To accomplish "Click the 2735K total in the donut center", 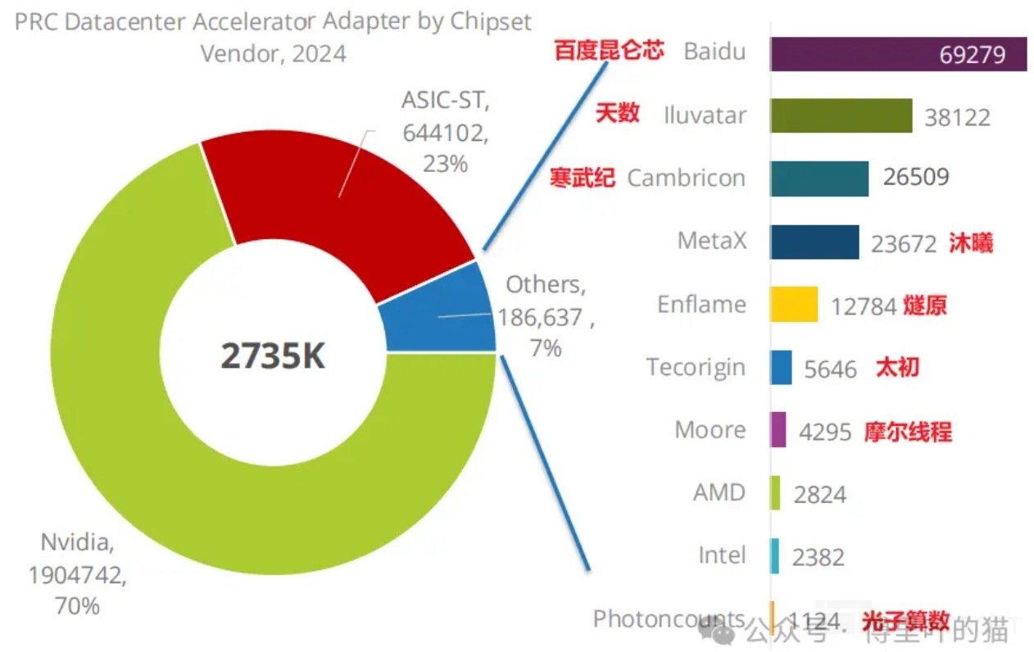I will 273,356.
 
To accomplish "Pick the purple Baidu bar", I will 852,54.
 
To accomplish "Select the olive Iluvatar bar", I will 841,115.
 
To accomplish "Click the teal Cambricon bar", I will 819,178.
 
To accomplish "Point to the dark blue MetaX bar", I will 814,242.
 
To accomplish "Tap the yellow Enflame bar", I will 793,305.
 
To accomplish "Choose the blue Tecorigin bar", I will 781,367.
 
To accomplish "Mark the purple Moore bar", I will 778,430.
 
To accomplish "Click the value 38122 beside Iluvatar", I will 957,116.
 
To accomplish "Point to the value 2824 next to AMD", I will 819,494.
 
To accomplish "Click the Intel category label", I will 722,555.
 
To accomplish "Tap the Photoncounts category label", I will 669,619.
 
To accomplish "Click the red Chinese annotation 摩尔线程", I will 908,431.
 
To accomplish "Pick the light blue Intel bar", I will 774,556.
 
